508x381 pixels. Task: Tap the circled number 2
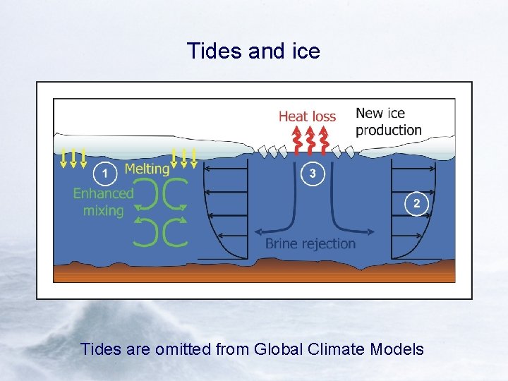pyautogui.click(x=416, y=204)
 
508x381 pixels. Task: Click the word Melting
pyautogui.click(x=147, y=169)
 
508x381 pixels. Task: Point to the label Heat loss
pyautogui.click(x=307, y=116)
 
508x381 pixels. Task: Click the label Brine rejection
pyautogui.click(x=310, y=243)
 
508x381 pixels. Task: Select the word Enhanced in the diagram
pyautogui.click(x=103, y=193)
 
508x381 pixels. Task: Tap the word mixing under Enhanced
pyautogui.click(x=103, y=210)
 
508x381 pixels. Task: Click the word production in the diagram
pyautogui.click(x=389, y=130)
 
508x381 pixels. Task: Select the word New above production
pyautogui.click(x=370, y=113)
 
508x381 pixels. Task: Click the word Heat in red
pyautogui.click(x=293, y=116)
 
